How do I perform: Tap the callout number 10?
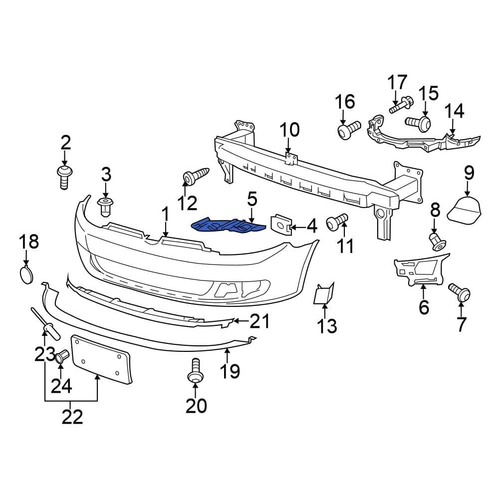point(289,130)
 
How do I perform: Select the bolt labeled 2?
point(64,177)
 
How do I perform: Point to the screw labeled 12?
point(195,177)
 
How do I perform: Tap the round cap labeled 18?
point(26,275)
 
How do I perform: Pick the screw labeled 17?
point(399,105)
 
